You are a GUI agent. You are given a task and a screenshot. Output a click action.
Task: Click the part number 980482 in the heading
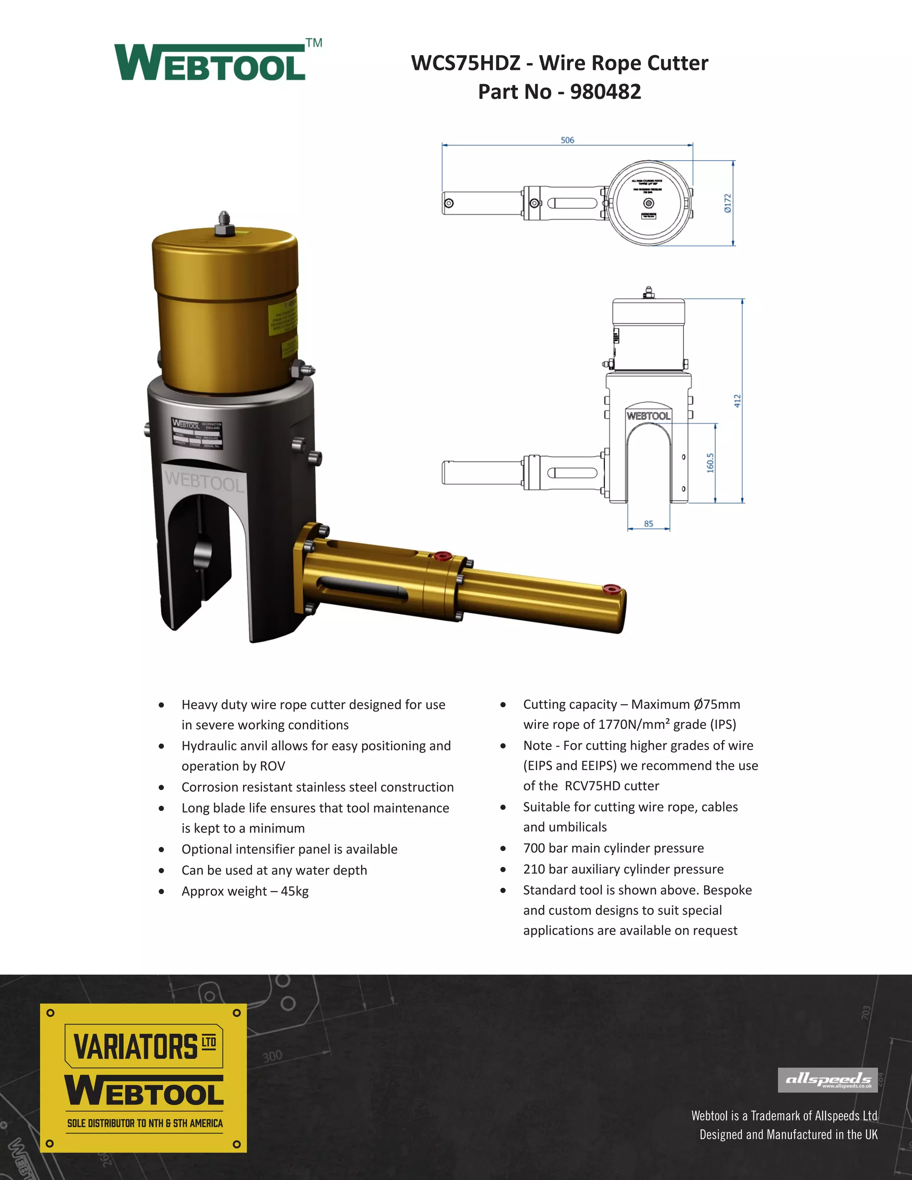tap(605, 92)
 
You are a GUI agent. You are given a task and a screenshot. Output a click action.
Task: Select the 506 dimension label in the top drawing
tap(567, 140)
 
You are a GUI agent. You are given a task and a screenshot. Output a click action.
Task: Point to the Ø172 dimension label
tap(728, 203)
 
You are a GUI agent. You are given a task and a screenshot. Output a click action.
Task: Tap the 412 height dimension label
tap(737, 400)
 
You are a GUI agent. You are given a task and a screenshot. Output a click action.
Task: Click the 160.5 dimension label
tap(710, 463)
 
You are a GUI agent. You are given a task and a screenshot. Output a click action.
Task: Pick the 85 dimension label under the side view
tap(648, 524)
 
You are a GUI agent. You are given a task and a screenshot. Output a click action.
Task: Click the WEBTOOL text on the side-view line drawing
tap(648, 415)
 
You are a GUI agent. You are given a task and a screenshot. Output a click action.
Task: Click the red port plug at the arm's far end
tap(611, 588)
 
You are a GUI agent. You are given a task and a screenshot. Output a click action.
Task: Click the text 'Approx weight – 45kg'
tap(245, 891)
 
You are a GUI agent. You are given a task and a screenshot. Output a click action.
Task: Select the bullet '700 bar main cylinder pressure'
tap(613, 848)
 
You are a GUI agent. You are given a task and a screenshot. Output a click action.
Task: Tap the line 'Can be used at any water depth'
tap(274, 870)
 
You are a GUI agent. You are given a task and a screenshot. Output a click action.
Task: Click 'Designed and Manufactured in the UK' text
tap(788, 1134)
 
